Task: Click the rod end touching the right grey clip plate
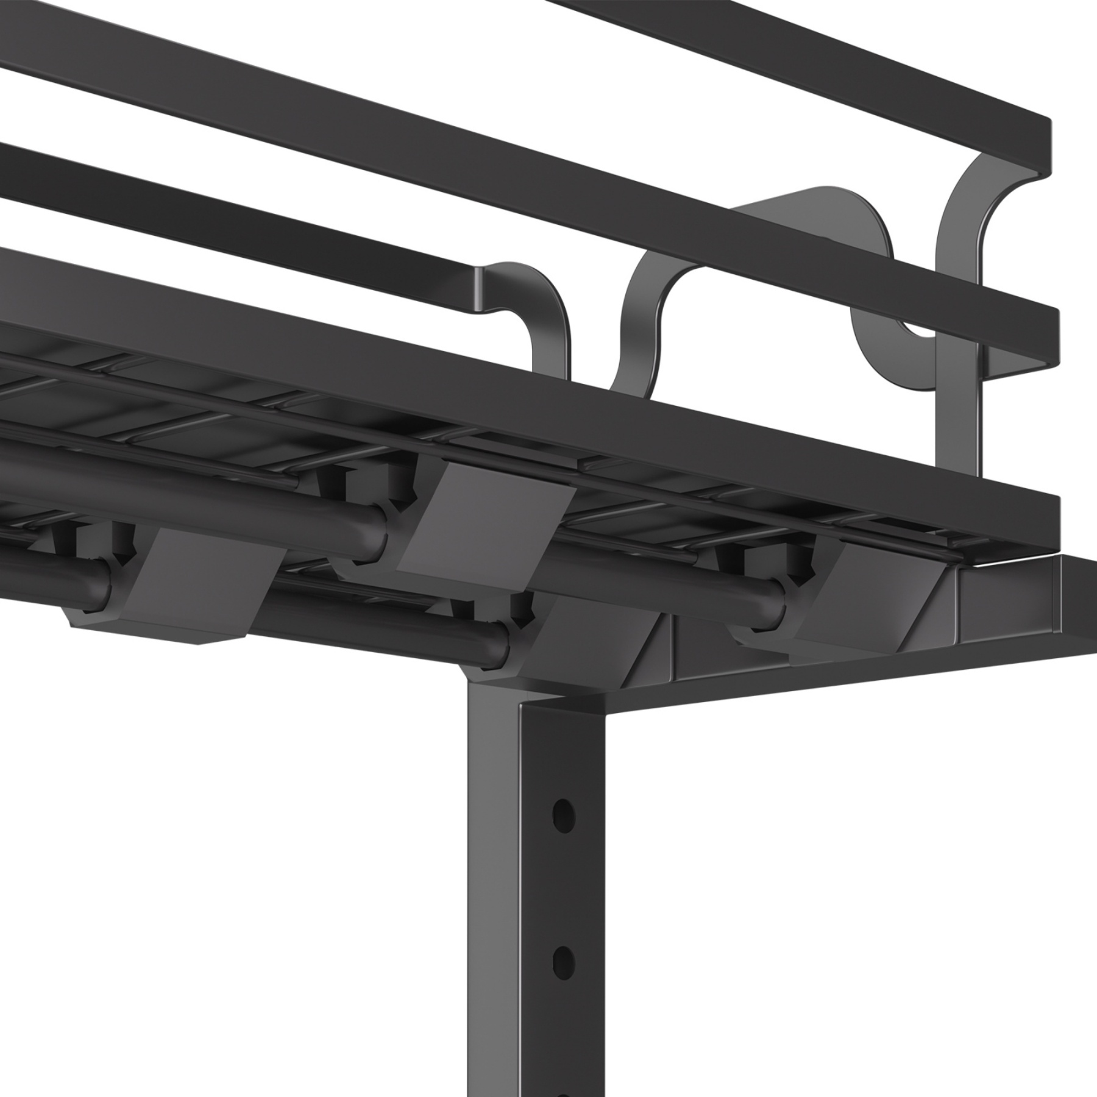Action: pos(374,536)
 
